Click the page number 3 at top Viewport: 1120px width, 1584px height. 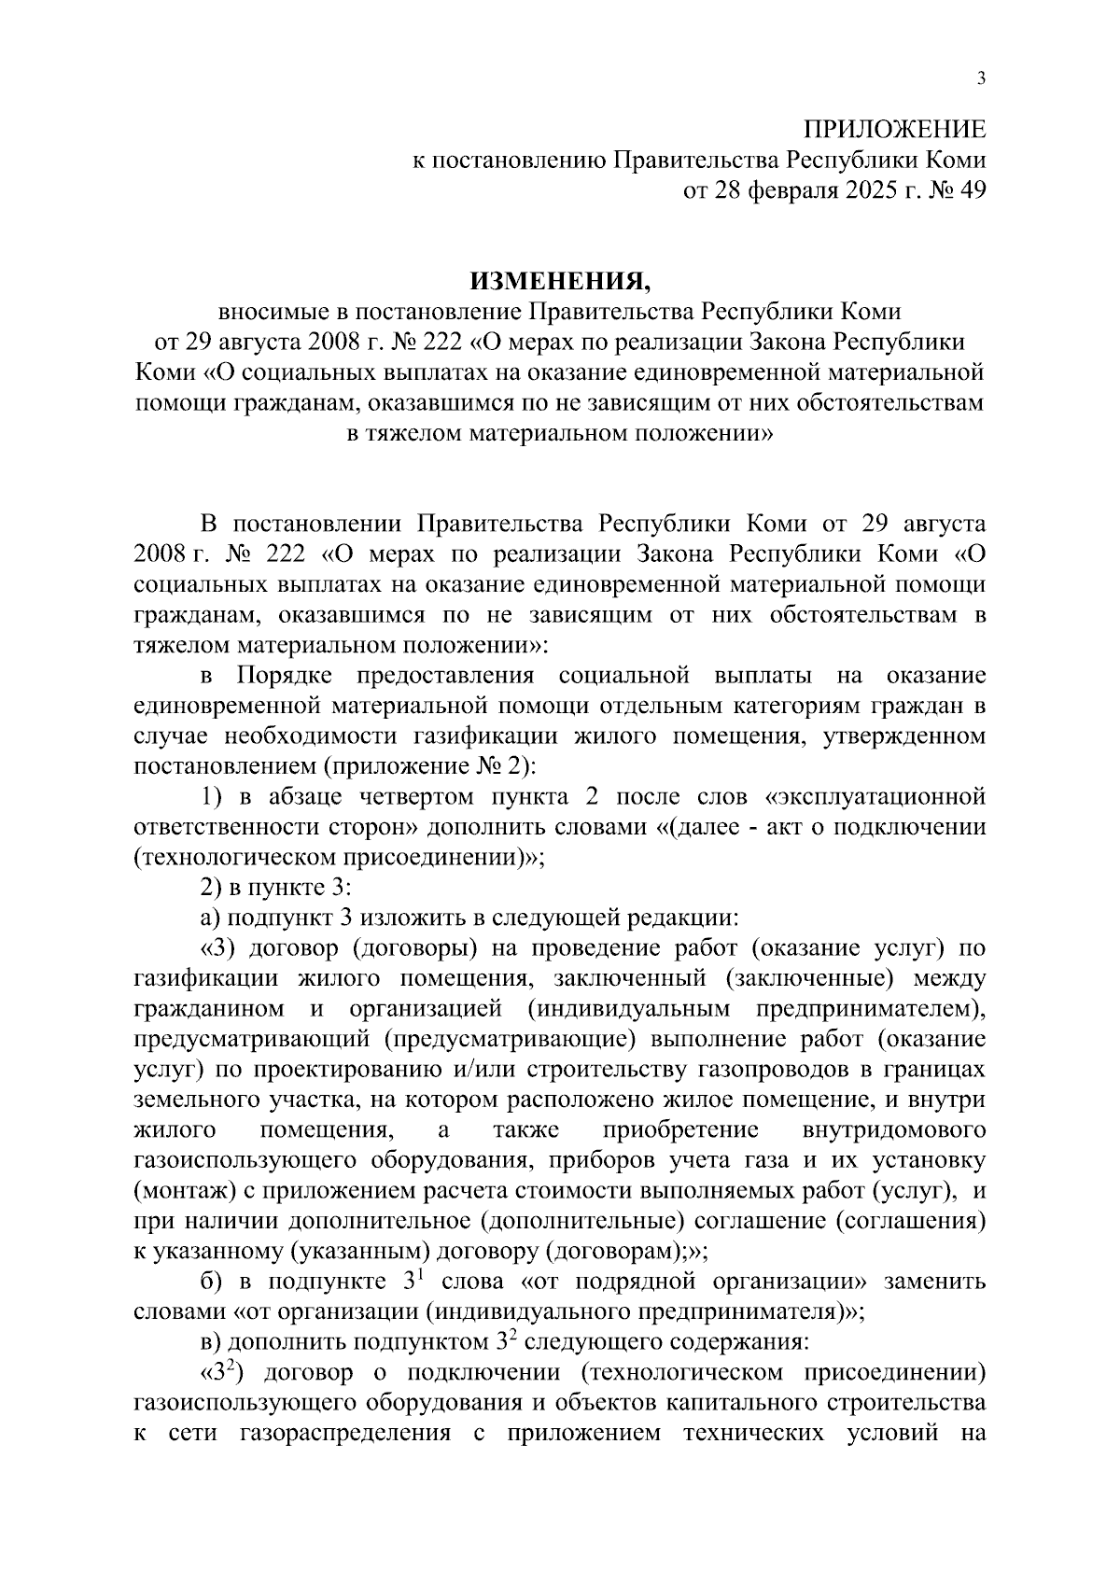(x=980, y=79)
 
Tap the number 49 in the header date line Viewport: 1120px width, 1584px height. (x=970, y=190)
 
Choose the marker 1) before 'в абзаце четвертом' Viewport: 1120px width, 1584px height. (x=214, y=797)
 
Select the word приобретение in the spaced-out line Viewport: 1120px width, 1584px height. (x=680, y=1130)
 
